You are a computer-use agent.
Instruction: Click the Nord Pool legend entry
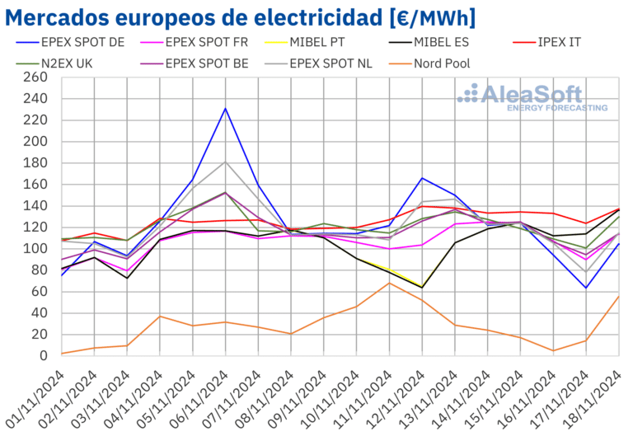click(462, 62)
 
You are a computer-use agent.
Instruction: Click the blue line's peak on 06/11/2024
click(226, 108)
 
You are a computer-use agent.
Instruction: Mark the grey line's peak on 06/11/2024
click(226, 162)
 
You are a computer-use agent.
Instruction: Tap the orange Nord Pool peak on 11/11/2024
click(390, 283)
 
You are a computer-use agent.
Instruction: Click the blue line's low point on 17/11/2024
click(586, 288)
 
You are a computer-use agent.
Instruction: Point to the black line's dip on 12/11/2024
click(422, 287)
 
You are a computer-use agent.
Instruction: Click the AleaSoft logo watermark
click(533, 96)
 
